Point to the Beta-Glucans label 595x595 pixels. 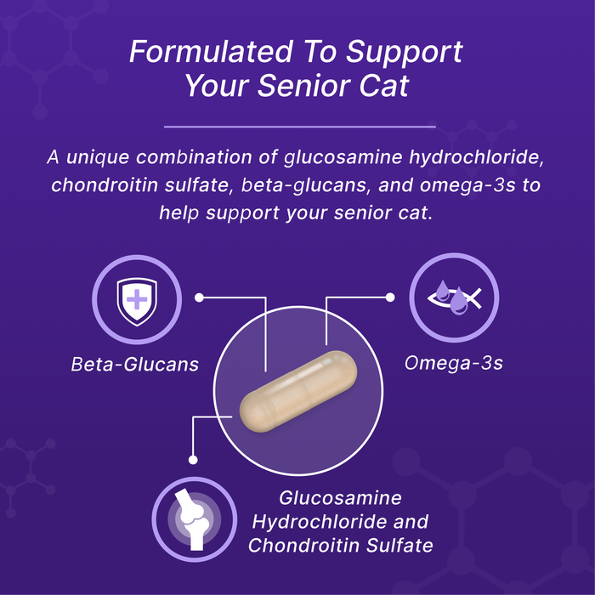coord(135,365)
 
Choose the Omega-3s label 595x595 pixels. coord(454,365)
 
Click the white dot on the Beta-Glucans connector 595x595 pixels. coord(200,297)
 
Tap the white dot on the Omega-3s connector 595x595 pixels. coord(390,297)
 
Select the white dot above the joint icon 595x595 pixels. coord(194,460)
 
